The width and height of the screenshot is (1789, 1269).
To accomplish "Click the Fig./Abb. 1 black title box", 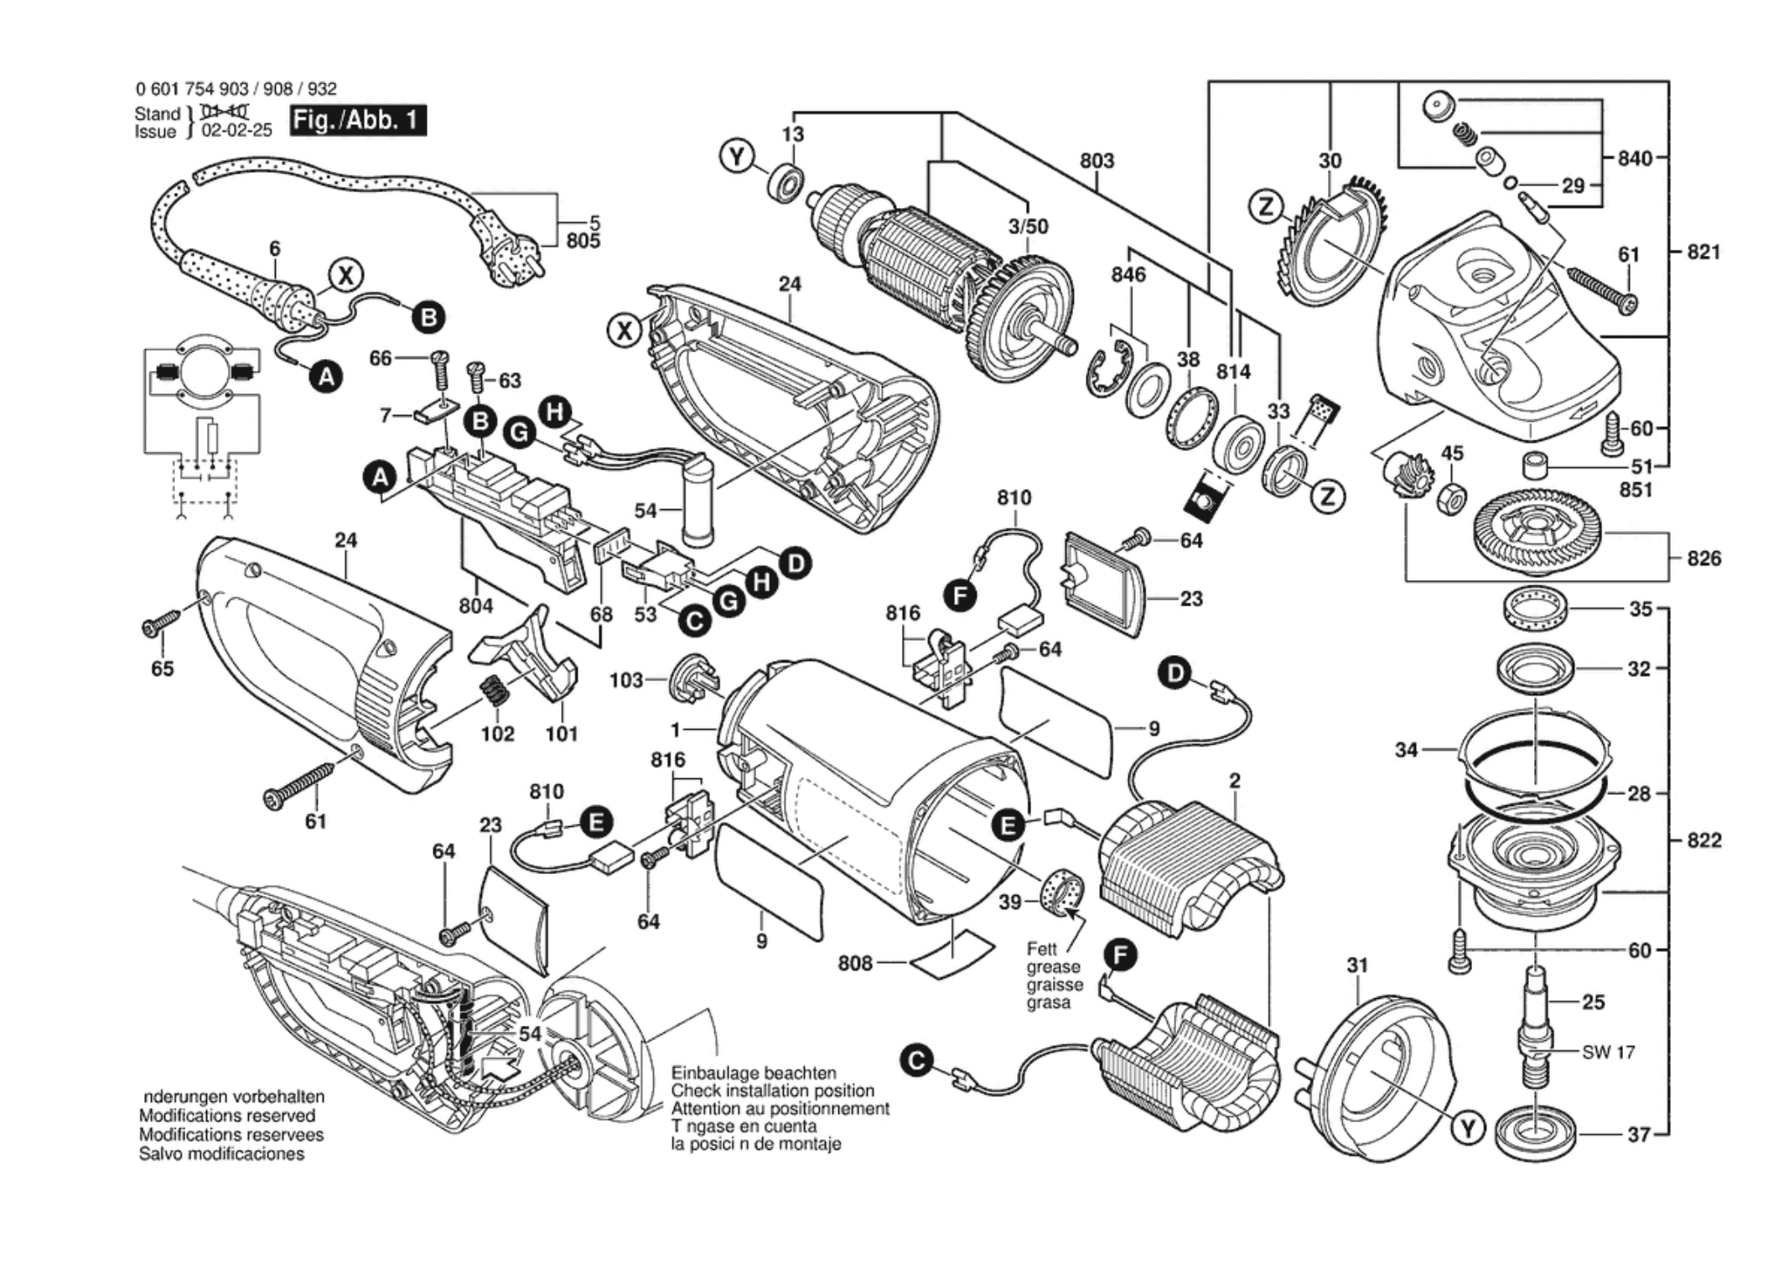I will [x=358, y=121].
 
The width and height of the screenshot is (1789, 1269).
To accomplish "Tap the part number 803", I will [x=1097, y=160].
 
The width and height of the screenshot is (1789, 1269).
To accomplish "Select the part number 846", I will [x=1128, y=274].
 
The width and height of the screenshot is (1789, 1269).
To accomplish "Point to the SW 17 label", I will [x=1608, y=1052].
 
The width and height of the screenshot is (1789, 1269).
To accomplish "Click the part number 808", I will [x=855, y=964].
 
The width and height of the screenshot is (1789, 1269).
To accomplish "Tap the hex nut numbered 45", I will [x=1451, y=499].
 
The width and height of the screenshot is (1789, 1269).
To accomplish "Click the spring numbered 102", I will [x=495, y=694].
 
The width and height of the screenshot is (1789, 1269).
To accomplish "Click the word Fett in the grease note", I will [x=1042, y=949].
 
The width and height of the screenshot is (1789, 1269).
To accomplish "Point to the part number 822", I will [x=1703, y=840].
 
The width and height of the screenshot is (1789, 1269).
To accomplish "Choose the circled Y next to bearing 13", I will [x=738, y=157].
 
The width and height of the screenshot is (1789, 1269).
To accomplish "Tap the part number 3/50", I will [x=1028, y=226].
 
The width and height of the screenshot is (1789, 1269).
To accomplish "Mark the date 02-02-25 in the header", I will [x=236, y=131].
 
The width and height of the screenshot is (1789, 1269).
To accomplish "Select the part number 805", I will [x=583, y=242].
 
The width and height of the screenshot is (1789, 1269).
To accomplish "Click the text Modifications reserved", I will [x=227, y=1116].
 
